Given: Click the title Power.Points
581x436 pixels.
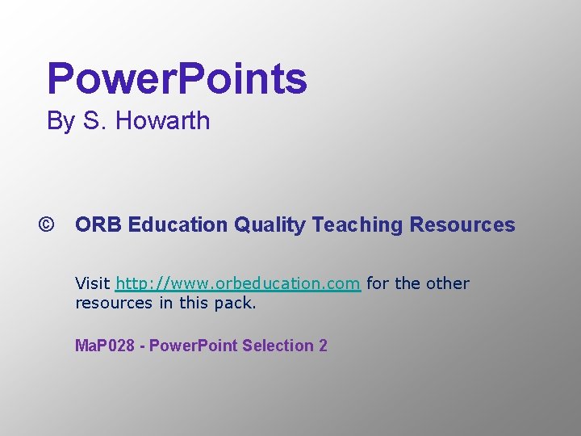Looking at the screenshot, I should point(177,79).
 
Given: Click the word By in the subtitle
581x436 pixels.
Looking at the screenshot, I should point(61,121).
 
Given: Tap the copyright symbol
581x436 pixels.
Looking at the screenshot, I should point(46,224).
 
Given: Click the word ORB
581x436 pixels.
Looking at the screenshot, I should point(98,224).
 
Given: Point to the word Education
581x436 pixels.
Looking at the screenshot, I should point(178,224).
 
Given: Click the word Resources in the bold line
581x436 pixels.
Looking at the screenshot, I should point(462,224).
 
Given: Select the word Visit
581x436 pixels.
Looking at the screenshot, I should point(93,283).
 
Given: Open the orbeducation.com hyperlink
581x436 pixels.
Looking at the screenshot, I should point(238,283).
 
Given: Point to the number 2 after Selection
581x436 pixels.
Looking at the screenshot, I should point(323,346).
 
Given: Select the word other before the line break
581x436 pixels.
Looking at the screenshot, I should point(448,283).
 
